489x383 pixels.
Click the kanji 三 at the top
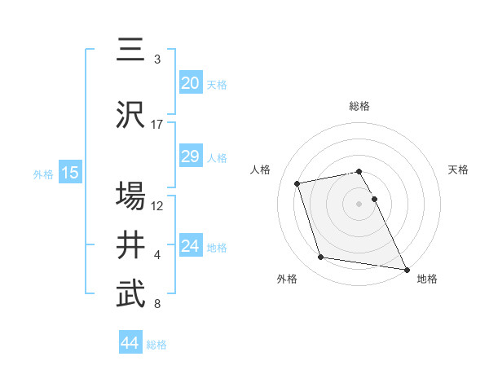[x=130, y=50]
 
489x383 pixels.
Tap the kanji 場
[x=130, y=196]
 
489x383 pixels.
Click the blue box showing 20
[x=190, y=83]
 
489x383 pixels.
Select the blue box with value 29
[x=190, y=156]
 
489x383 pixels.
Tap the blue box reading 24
[x=190, y=246]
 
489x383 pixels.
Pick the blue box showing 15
[x=69, y=173]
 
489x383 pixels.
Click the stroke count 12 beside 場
[x=157, y=205]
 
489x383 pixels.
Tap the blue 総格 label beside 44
[x=156, y=345]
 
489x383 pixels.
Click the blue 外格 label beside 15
[x=43, y=174]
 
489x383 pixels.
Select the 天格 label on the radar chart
[x=458, y=169]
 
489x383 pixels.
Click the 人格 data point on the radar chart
[x=297, y=183]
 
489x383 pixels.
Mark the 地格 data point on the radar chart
[x=405, y=268]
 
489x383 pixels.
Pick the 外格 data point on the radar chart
[x=321, y=258]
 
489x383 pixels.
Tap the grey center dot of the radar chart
[x=359, y=203]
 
